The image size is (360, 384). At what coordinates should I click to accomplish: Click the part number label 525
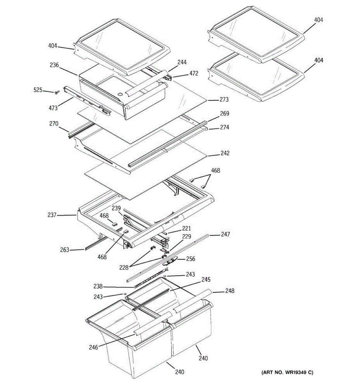[38, 90]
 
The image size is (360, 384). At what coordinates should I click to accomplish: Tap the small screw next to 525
[57, 92]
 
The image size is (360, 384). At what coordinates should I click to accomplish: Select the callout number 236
[54, 65]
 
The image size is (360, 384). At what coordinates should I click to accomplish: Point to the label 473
[53, 108]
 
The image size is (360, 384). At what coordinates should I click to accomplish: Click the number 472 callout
[194, 73]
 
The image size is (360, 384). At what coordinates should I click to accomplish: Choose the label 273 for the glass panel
[224, 100]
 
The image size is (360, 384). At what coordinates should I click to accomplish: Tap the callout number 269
[225, 113]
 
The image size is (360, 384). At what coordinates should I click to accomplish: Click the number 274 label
[224, 127]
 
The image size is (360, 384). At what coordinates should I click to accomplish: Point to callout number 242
[225, 153]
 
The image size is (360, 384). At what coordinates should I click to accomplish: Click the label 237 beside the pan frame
[52, 215]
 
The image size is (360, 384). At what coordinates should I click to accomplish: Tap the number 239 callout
[116, 208]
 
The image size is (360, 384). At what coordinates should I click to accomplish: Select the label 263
[65, 250]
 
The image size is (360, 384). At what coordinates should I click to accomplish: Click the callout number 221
[187, 228]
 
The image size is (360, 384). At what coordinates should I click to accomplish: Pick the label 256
[191, 259]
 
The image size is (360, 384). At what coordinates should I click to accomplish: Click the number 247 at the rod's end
[225, 235]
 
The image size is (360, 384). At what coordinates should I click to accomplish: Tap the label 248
[229, 291]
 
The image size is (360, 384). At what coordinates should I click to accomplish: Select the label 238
[98, 286]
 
